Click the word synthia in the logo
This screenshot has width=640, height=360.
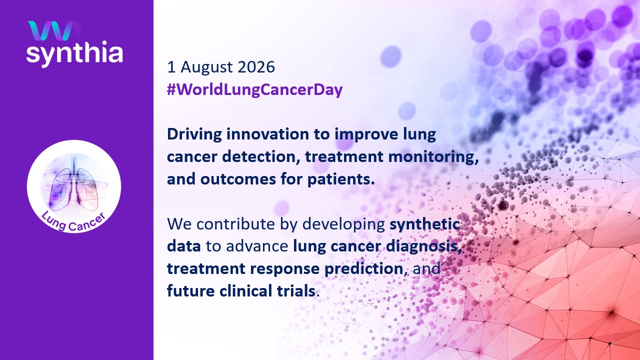tap(74, 53)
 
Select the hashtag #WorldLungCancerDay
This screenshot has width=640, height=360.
tap(254, 89)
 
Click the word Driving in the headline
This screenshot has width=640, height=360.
tap(194, 134)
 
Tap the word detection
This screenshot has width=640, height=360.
tap(261, 157)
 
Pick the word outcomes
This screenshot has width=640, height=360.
tap(237, 179)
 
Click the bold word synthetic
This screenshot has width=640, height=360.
tap(425, 224)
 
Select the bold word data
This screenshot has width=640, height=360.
tap(183, 246)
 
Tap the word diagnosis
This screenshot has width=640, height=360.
tap(424, 247)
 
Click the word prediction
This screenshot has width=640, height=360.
tap(363, 269)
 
